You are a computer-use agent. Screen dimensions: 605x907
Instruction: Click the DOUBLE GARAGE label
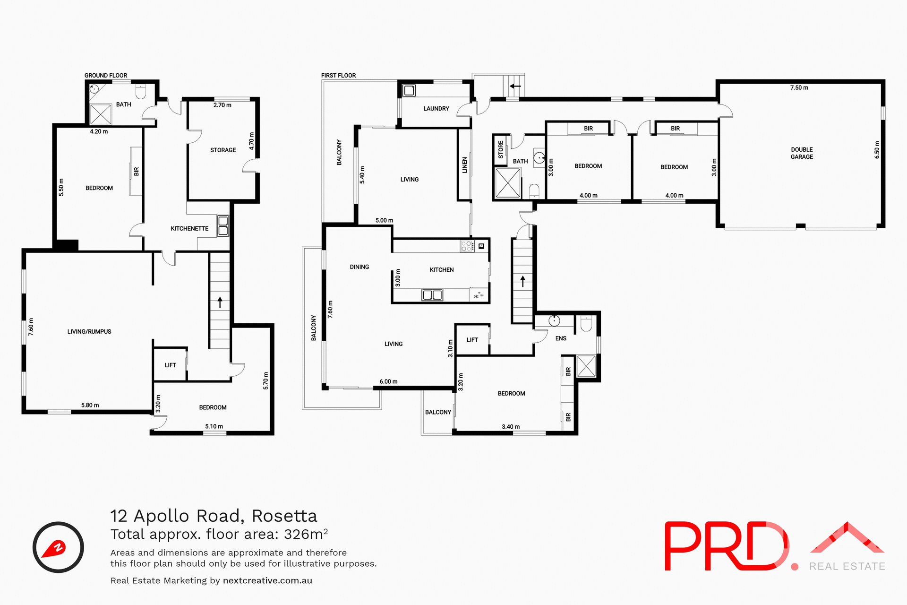point(802,153)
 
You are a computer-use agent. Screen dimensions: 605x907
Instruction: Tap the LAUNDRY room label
point(436,109)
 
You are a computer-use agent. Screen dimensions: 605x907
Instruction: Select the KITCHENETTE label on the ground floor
point(189,229)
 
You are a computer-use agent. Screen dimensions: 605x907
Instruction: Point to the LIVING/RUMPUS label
point(89,332)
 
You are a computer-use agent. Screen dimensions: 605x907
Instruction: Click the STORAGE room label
point(223,150)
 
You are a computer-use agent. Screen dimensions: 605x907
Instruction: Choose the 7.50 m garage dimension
point(799,88)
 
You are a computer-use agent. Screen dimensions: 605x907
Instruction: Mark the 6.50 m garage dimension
point(877,150)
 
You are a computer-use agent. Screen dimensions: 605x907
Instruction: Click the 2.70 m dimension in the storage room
point(222,105)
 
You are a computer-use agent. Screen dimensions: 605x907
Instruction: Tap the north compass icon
point(58,547)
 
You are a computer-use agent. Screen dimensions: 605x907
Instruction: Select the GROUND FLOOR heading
point(106,76)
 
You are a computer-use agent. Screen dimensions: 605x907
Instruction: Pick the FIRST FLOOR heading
point(338,76)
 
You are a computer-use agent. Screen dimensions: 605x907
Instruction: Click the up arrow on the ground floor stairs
point(220,302)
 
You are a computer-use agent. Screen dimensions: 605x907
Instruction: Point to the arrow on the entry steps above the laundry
point(515,86)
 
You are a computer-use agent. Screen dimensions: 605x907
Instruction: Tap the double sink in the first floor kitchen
point(432,295)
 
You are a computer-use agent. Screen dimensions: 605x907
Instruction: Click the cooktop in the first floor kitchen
point(467,246)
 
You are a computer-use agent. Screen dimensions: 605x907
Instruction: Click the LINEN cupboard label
point(464,165)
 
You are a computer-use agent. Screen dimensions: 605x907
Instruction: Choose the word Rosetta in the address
point(284,516)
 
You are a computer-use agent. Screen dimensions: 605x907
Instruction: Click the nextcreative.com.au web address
point(267,581)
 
